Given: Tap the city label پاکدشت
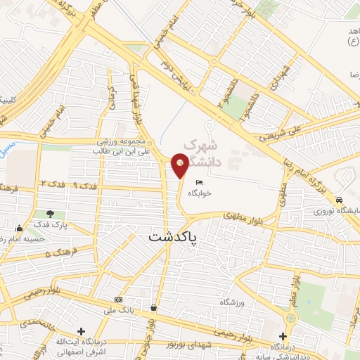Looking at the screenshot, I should [173, 238].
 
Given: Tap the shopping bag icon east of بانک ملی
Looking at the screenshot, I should [153, 307].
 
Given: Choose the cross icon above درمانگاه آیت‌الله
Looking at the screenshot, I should [82, 331].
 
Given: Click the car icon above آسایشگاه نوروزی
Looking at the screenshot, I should [340, 198].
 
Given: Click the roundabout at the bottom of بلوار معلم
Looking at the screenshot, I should [291, 318].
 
